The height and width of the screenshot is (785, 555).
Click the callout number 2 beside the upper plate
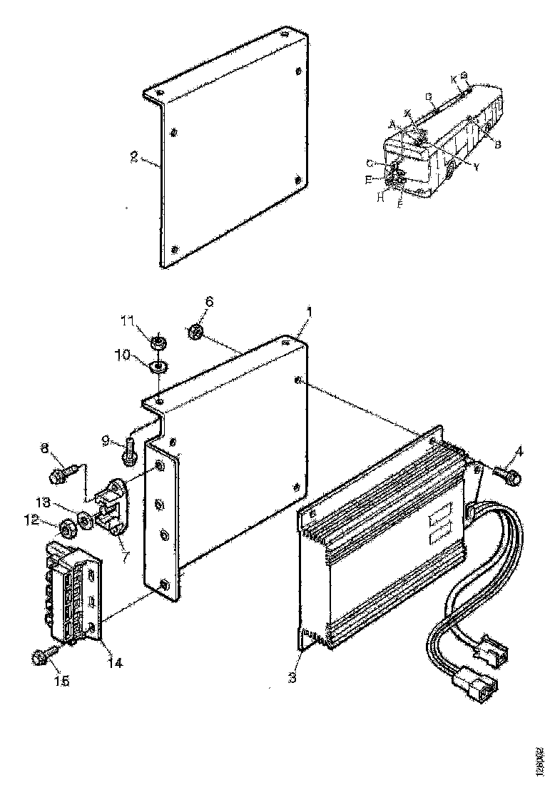pos(133,158)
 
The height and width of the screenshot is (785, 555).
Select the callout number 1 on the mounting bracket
pos(309,312)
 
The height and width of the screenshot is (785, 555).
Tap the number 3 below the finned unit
pos(292,677)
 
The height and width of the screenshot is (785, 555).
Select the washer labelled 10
pos(157,367)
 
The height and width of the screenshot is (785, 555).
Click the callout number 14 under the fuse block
pos(114,663)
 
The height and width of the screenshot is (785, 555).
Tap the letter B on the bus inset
pos(498,145)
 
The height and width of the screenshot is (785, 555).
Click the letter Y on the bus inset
pos(476,166)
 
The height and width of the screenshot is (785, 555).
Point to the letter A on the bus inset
pos(392,123)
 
